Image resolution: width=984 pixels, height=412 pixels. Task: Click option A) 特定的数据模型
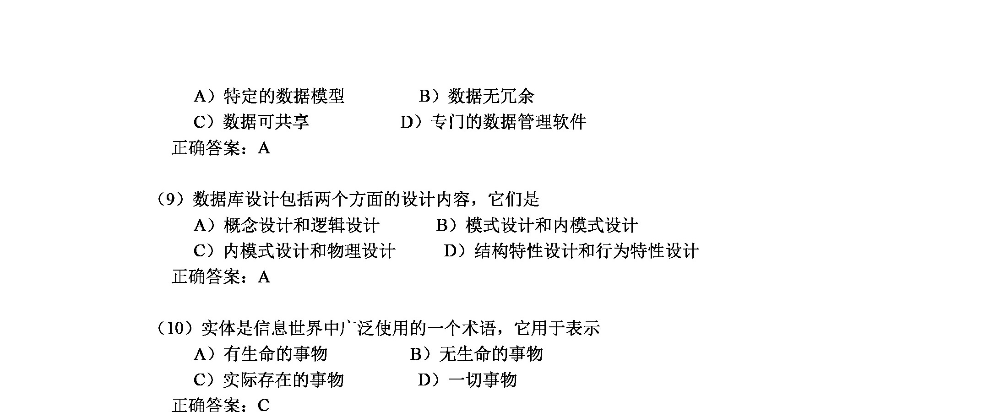pos(269,96)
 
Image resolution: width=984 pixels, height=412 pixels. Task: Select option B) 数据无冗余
pos(476,96)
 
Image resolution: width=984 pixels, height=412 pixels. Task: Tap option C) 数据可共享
pos(251,122)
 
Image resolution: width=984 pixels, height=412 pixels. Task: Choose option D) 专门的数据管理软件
pos(494,122)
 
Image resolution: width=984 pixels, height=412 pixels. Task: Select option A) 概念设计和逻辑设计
pos(287,225)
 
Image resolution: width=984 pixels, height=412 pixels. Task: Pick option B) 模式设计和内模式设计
pos(537,225)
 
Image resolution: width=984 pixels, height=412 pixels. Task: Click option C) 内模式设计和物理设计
pos(294,251)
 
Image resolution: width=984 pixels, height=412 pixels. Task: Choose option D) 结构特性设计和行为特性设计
pos(571,251)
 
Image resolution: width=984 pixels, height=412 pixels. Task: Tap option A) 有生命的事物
pos(261,354)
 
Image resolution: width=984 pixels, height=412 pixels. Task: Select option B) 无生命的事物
pos(476,354)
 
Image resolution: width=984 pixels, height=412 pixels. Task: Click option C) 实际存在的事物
pos(269,379)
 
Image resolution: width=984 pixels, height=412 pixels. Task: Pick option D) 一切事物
pos(467,379)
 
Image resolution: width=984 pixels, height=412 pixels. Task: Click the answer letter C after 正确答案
pos(264,406)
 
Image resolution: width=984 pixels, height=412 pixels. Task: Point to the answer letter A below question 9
pos(264,277)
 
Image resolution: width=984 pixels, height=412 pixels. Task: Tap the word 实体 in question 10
pos(218,328)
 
